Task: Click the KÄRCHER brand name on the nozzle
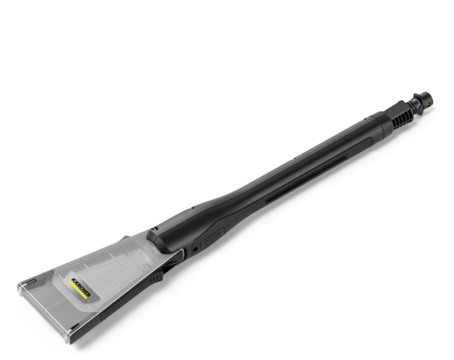(81, 287)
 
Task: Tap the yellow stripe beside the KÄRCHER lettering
(78, 290)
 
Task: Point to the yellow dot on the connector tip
(428, 101)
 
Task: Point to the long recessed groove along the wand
(306, 180)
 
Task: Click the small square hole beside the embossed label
(195, 249)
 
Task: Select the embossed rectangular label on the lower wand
(212, 238)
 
